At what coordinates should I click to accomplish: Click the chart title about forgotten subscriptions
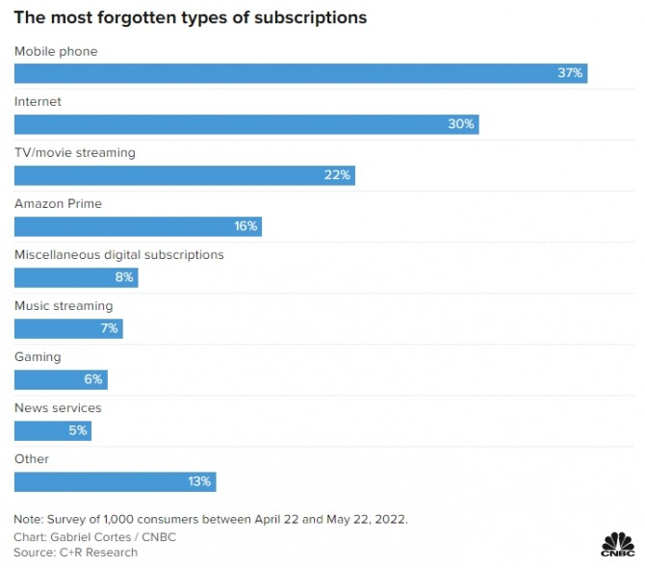(x=190, y=18)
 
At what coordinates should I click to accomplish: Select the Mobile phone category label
(x=56, y=51)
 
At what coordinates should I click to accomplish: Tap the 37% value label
(x=570, y=73)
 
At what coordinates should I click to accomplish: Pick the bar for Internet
(x=245, y=124)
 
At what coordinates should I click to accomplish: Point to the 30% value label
(x=461, y=124)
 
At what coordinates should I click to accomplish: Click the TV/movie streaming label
(x=74, y=153)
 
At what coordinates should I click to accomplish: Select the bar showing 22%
(x=184, y=175)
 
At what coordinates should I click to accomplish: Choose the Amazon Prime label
(x=58, y=204)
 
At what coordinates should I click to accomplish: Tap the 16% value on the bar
(x=245, y=226)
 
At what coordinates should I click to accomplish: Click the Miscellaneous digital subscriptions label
(x=118, y=255)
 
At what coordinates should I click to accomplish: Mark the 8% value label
(x=124, y=277)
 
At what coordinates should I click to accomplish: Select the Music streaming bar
(x=68, y=328)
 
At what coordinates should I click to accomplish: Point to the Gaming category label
(x=38, y=357)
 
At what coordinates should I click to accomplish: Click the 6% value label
(x=93, y=379)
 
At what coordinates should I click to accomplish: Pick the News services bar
(x=52, y=430)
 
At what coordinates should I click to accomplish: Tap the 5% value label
(x=77, y=430)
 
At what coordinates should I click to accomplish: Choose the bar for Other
(x=115, y=481)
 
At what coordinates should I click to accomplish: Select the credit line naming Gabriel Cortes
(x=94, y=537)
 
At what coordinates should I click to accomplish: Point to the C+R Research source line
(x=75, y=553)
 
